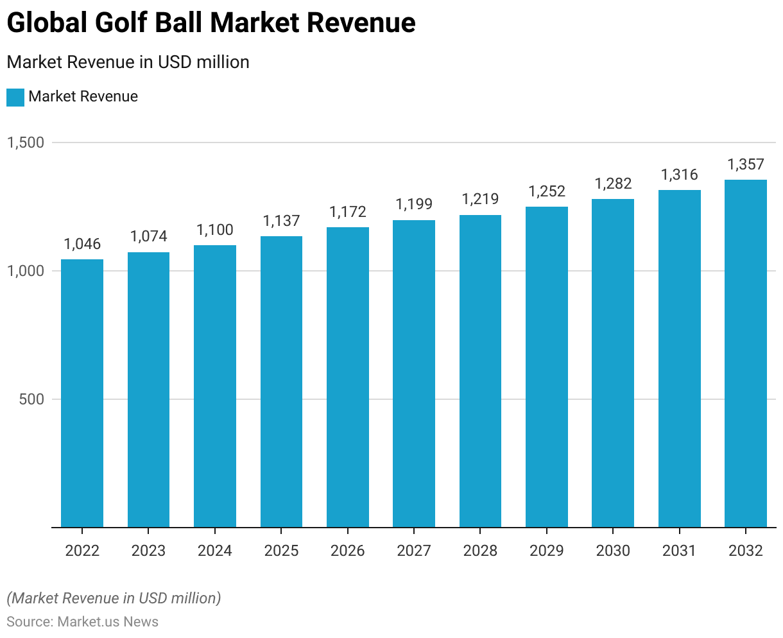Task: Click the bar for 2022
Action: (x=82, y=393)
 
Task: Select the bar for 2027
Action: (x=414, y=374)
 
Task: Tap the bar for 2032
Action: (x=746, y=353)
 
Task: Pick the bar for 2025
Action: (x=281, y=382)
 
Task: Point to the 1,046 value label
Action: (x=82, y=244)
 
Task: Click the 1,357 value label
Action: (x=746, y=164)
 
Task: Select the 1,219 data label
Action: (x=480, y=199)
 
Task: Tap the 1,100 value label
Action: (x=215, y=230)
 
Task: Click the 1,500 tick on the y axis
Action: (x=26, y=142)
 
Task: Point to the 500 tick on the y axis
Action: (x=32, y=399)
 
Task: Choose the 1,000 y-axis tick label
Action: (x=26, y=271)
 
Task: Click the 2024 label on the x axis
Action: (x=215, y=551)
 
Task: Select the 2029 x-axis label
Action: (x=547, y=551)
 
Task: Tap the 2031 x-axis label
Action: (x=679, y=551)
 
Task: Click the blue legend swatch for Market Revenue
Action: (x=15, y=97)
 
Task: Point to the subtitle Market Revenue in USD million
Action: (x=128, y=62)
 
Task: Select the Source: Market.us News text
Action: (x=82, y=621)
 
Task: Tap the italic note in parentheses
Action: (x=114, y=598)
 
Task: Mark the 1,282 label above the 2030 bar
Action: (x=613, y=184)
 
